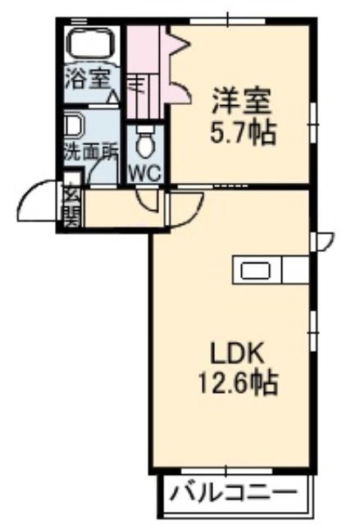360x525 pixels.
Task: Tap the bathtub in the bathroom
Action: pyautogui.click(x=91, y=43)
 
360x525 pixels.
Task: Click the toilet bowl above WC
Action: pyautogui.click(x=145, y=142)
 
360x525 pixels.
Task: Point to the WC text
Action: pyautogui.click(x=145, y=173)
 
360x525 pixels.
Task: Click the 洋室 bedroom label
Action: pyautogui.click(x=242, y=100)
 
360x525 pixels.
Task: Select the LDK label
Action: pyautogui.click(x=236, y=353)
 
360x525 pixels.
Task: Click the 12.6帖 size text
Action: pyautogui.click(x=238, y=381)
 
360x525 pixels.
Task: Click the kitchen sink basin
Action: pyautogui.click(x=256, y=271)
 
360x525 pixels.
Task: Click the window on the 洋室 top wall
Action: pyautogui.click(x=228, y=21)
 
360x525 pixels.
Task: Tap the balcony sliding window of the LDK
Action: pyautogui.click(x=226, y=471)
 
